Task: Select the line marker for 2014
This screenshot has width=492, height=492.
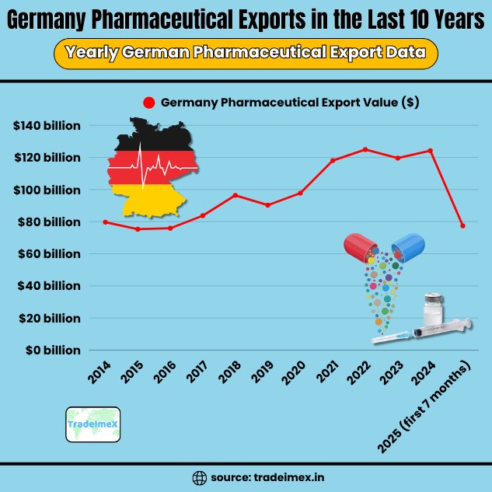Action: click(105, 222)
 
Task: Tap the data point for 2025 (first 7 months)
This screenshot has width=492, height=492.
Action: click(462, 226)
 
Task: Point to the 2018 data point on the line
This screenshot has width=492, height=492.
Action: click(236, 195)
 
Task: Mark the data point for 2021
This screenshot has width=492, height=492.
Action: click(333, 161)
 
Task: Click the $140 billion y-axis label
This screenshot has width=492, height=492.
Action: click(47, 125)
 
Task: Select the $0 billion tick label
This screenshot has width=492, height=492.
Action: click(51, 351)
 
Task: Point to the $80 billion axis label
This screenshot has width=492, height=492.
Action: click(49, 222)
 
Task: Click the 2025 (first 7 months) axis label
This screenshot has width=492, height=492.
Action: click(424, 408)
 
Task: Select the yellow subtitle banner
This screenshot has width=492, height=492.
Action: click(246, 54)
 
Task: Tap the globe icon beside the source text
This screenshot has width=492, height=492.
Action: click(199, 476)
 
